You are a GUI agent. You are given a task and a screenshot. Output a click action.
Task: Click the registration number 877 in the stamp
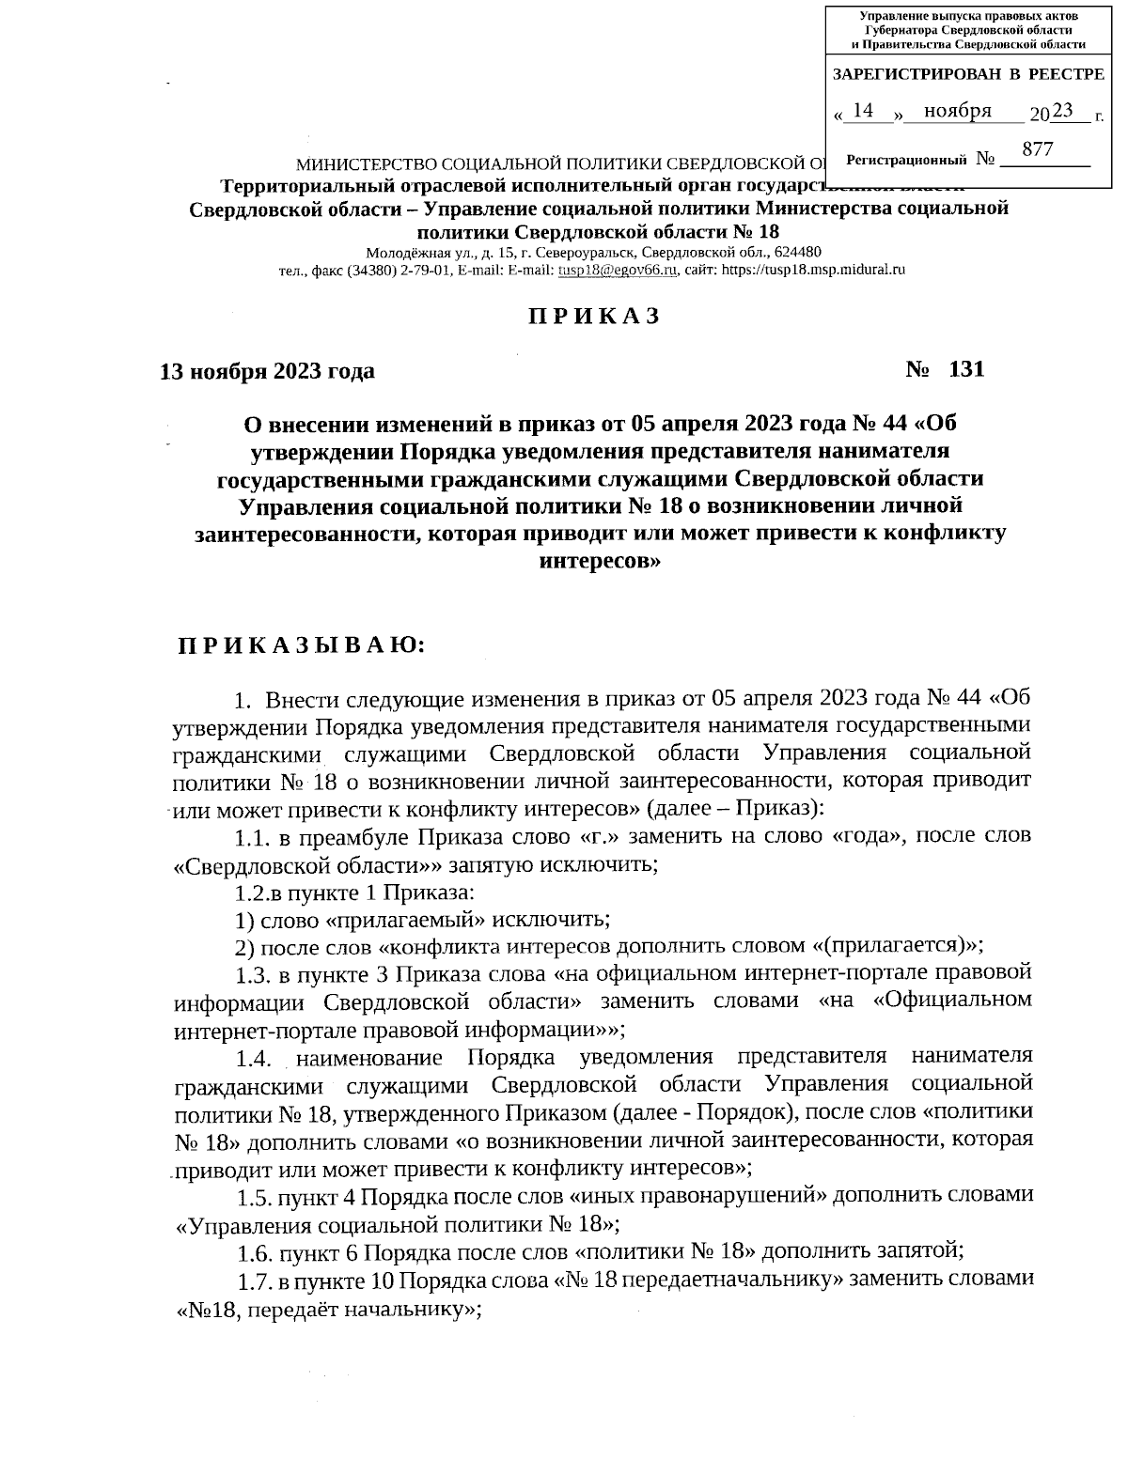(x=1037, y=150)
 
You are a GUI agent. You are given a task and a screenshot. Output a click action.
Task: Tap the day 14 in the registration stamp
(x=864, y=112)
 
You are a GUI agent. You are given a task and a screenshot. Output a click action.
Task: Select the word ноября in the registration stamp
(x=957, y=112)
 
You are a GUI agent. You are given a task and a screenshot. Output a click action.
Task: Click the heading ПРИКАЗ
(x=593, y=317)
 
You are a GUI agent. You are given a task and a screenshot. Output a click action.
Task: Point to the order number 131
(x=966, y=369)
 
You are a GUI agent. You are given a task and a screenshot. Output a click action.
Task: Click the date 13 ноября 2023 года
(x=268, y=371)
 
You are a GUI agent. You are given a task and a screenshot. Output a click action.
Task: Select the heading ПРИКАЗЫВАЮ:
(x=302, y=645)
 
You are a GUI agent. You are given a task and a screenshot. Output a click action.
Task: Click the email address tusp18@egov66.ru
(x=618, y=270)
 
